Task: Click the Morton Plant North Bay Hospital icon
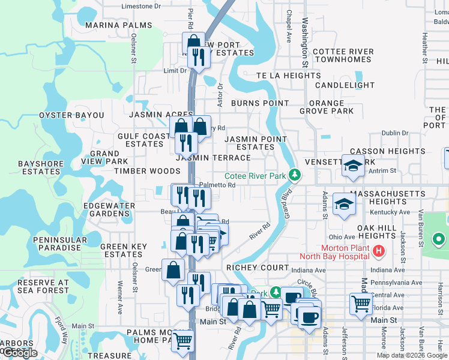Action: click(x=378, y=252)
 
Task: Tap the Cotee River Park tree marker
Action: click(x=294, y=176)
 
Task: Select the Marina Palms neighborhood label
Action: click(x=118, y=25)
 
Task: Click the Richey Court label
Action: click(x=258, y=267)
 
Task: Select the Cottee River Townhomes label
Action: click(x=343, y=56)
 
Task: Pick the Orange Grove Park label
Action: click(x=327, y=107)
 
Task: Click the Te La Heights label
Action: click(x=289, y=76)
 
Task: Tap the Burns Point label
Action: click(x=260, y=103)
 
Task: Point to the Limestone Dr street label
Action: click(x=141, y=6)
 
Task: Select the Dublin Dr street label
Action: click(x=394, y=133)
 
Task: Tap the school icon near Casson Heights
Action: click(x=353, y=166)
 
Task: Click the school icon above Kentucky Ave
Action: click(x=344, y=204)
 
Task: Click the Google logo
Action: click(x=20, y=353)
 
